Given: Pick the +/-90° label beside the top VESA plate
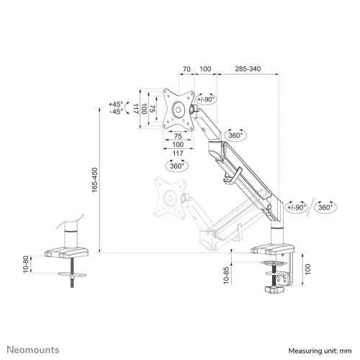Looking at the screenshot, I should (x=207, y=99).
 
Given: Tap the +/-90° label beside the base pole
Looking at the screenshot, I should (x=296, y=208).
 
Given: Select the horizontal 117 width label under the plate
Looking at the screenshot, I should (x=176, y=153).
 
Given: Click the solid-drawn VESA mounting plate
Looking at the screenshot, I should (x=176, y=109).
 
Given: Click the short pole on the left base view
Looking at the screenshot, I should (x=71, y=235).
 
